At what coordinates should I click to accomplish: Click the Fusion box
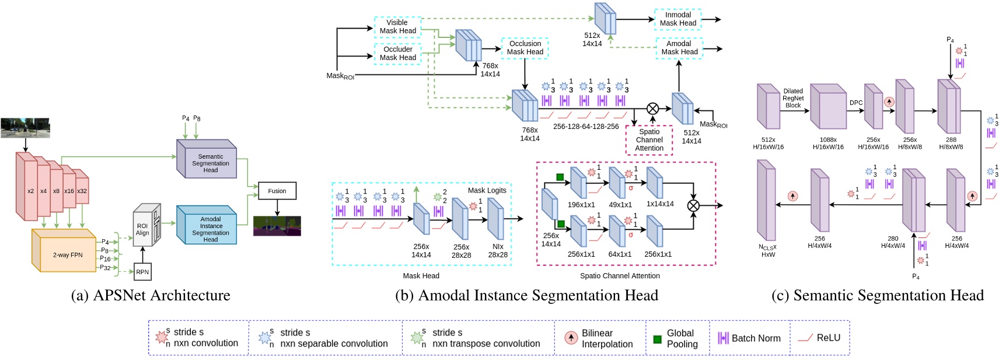pos(277,191)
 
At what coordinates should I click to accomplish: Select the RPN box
pos(142,272)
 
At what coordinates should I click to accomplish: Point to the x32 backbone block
pos(82,191)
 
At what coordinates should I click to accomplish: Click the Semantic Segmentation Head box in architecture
pos(209,163)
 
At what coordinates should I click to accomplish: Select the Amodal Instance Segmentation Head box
pos(209,228)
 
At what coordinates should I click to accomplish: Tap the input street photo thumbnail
pos(25,128)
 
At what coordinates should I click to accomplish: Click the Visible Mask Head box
pos(397,27)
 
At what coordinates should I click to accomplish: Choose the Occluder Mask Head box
pos(397,54)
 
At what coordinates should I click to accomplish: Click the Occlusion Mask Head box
pos(525,48)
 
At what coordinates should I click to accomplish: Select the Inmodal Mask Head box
pos(677,19)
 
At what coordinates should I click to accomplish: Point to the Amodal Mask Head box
pos(679,48)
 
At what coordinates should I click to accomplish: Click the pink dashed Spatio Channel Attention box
pos(649,140)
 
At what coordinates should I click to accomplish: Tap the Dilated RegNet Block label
pos(793,98)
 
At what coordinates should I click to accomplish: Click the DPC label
pos(855,103)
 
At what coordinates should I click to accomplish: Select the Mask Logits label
pos(487,190)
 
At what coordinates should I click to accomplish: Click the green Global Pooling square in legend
pos(657,338)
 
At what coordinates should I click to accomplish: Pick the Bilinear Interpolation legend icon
pos(571,338)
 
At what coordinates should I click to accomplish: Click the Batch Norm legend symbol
pos(723,338)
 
